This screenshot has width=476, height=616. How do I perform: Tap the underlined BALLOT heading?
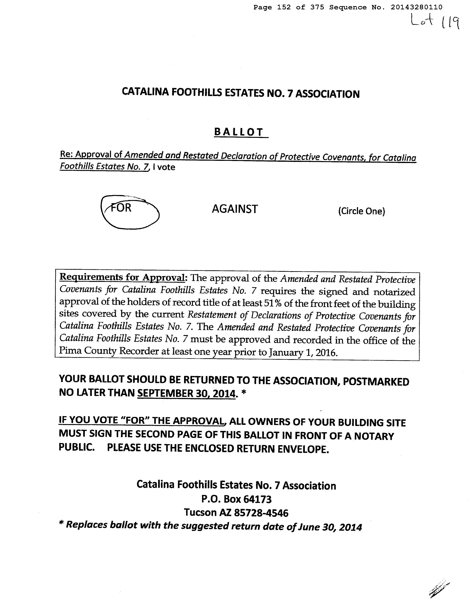coord(239,132)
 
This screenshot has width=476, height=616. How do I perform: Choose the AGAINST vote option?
coord(235,209)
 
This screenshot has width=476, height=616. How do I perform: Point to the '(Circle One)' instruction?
coord(362,211)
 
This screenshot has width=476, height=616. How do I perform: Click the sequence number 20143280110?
coord(417,7)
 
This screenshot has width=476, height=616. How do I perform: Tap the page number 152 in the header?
coord(284,7)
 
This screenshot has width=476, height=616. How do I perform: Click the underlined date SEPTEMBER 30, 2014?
coord(186,393)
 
